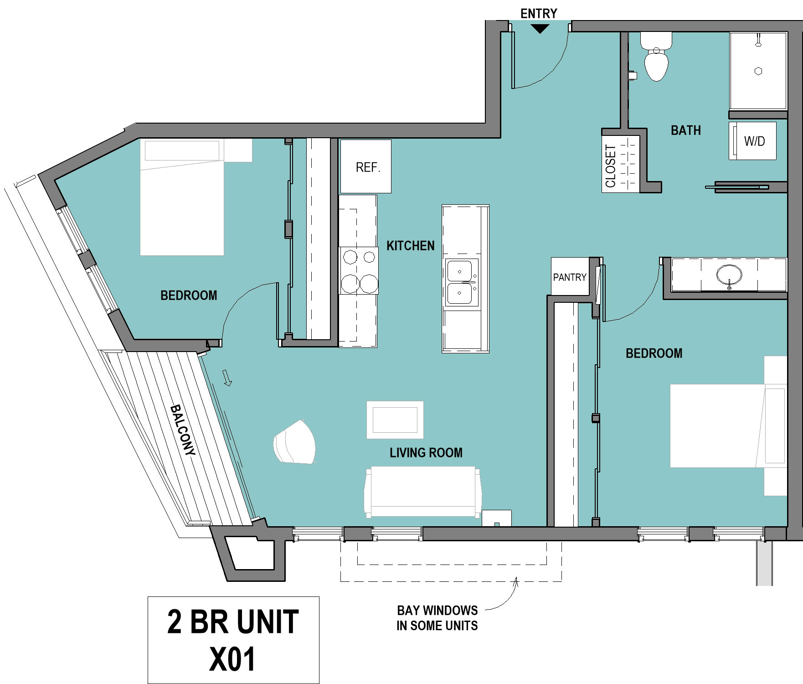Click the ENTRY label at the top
point(539,14)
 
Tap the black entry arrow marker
point(540,29)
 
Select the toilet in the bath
point(656,57)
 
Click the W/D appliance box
point(752,141)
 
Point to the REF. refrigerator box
point(366,166)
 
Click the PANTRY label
point(570,277)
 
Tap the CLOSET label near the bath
point(611,166)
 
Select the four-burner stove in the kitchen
point(359,271)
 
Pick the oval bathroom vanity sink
point(729,275)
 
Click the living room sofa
point(423,492)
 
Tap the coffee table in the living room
point(395,420)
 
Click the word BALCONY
point(183,430)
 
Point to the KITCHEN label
point(411,246)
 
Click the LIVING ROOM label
point(426,453)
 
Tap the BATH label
point(686,130)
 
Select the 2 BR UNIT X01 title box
point(233,640)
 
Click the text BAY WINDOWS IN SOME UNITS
point(438,618)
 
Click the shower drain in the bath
point(758,71)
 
